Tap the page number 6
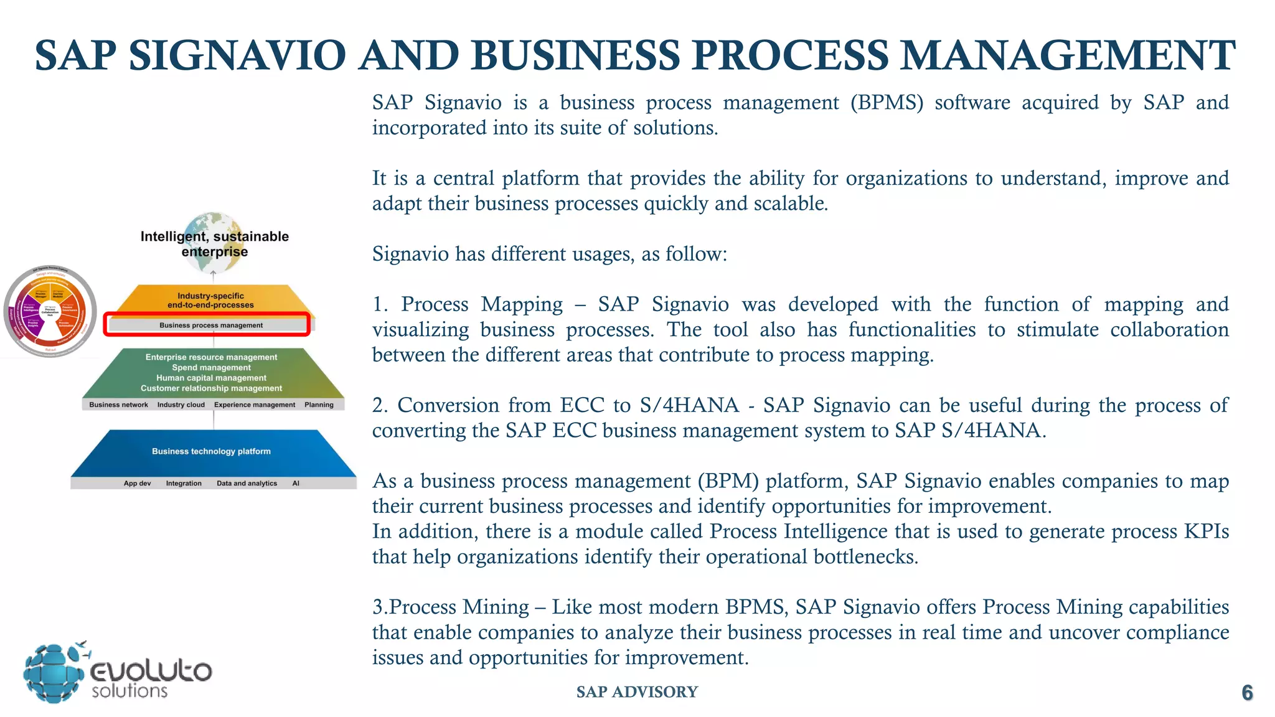point(1247,693)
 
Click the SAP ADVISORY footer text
point(637,692)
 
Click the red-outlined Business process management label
point(210,325)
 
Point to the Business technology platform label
point(211,451)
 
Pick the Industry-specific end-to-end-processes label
point(210,301)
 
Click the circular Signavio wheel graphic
point(50,311)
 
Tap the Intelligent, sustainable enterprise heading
point(214,244)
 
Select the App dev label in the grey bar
point(137,483)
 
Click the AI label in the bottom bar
point(296,483)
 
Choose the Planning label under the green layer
point(319,405)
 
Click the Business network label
point(118,405)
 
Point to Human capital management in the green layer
point(211,378)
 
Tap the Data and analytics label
point(247,483)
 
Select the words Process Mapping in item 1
point(482,304)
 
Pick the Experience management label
point(255,405)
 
